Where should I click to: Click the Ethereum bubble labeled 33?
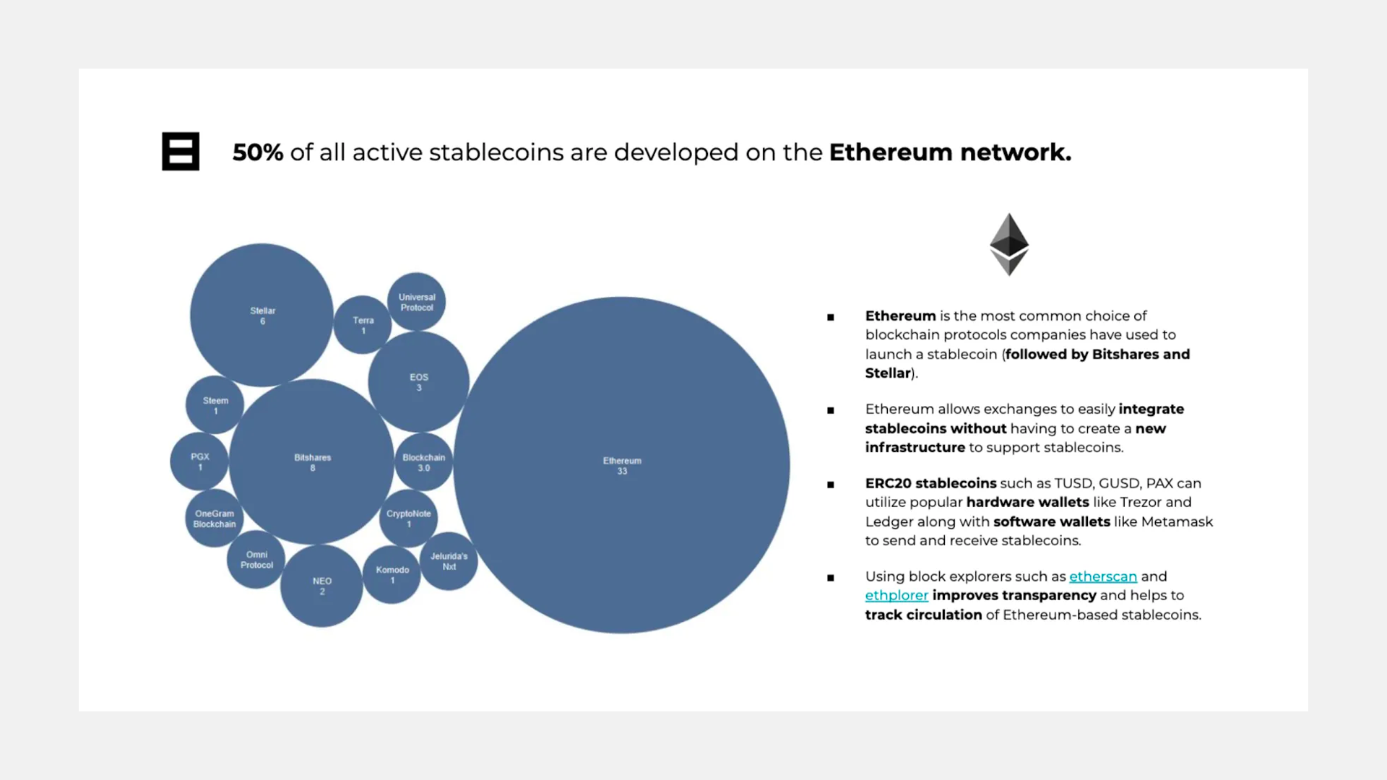[x=622, y=465]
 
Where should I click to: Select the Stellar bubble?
[x=262, y=315]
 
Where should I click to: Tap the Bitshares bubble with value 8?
[x=311, y=461]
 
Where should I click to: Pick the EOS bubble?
[x=418, y=381]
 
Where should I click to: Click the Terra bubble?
[x=363, y=324]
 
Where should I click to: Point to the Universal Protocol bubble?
[x=416, y=302]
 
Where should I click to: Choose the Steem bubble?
[x=215, y=404]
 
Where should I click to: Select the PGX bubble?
[x=199, y=461]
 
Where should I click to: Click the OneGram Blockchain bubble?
[x=214, y=518]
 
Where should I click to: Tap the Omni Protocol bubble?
[x=256, y=559]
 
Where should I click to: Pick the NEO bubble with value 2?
[x=321, y=585]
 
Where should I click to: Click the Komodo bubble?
[x=392, y=574]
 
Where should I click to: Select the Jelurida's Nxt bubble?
[x=449, y=560]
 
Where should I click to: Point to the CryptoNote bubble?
[x=408, y=518]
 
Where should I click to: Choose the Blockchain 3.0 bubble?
[x=423, y=461]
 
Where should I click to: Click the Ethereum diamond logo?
[x=1009, y=244]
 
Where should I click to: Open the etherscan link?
[x=1102, y=576]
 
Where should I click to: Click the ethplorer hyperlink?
[x=896, y=595]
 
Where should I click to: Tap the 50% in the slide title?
[x=257, y=152]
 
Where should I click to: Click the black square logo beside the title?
[x=181, y=152]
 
